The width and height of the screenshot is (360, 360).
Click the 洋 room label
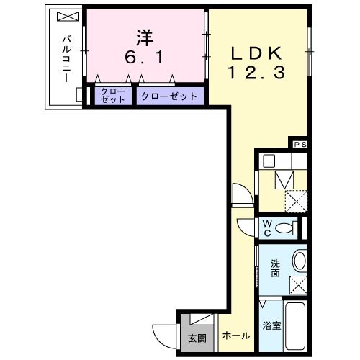coord(144,35)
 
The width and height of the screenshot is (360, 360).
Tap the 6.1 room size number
coord(144,55)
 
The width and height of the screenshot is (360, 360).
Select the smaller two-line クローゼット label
coord(113,96)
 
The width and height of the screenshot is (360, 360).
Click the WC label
coord(266,228)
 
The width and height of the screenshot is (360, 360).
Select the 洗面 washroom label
coord(276,268)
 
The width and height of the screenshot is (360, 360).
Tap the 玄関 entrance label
coord(197,337)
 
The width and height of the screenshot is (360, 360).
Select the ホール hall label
coord(236,336)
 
